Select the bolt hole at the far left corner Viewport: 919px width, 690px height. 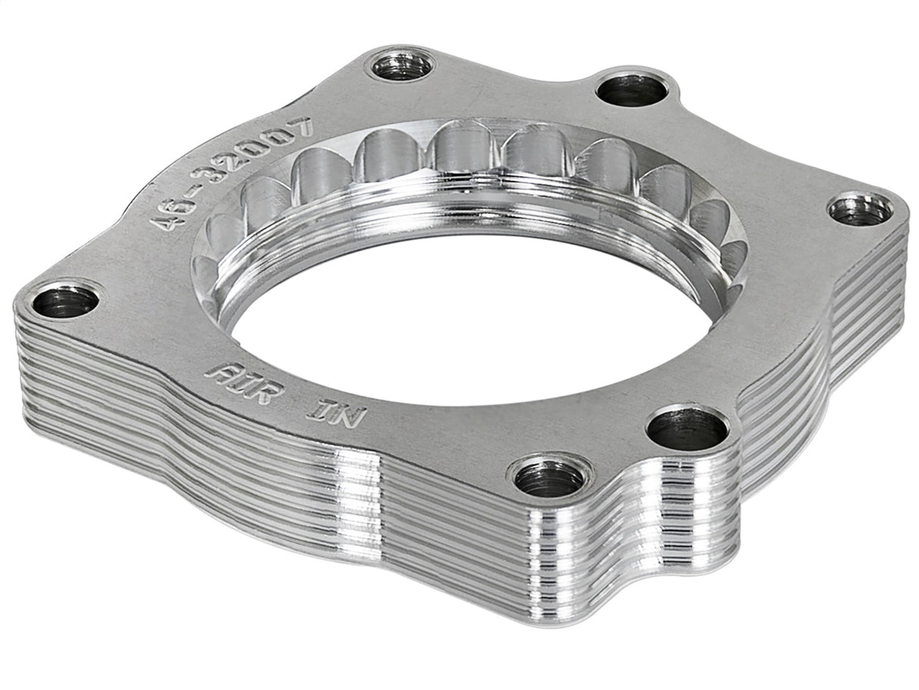65,301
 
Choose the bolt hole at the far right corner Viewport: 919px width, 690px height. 859,210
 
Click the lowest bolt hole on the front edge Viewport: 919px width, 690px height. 549,477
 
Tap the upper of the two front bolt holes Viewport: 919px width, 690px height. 687,429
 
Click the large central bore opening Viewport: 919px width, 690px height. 469,318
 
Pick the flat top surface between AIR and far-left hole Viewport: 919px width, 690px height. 144,333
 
